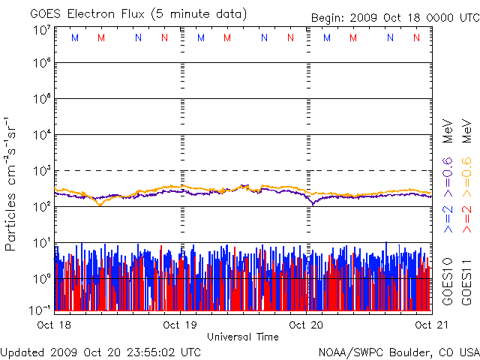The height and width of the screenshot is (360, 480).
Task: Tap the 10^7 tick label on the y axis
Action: pyautogui.click(x=41, y=31)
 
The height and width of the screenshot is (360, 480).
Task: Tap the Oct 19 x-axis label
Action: pyautogui.click(x=180, y=325)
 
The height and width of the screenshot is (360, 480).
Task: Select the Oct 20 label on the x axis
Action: pyautogui.click(x=307, y=325)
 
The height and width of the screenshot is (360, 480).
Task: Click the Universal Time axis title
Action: pyautogui.click(x=242, y=337)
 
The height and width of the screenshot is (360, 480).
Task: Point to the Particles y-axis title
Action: pyautogui.click(x=12, y=183)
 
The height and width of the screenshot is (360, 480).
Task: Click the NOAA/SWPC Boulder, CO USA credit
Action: pyautogui.click(x=398, y=351)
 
